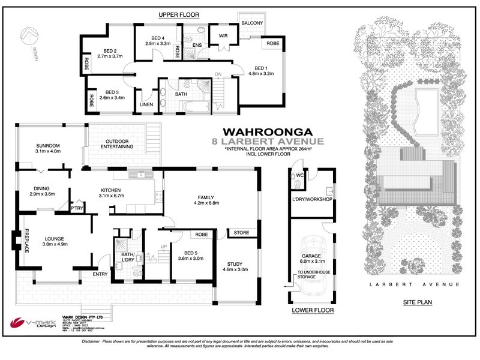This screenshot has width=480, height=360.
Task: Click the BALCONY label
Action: [252, 23]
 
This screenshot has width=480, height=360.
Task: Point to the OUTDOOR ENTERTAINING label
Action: [118, 135]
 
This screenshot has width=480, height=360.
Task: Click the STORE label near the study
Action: [242, 233]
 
